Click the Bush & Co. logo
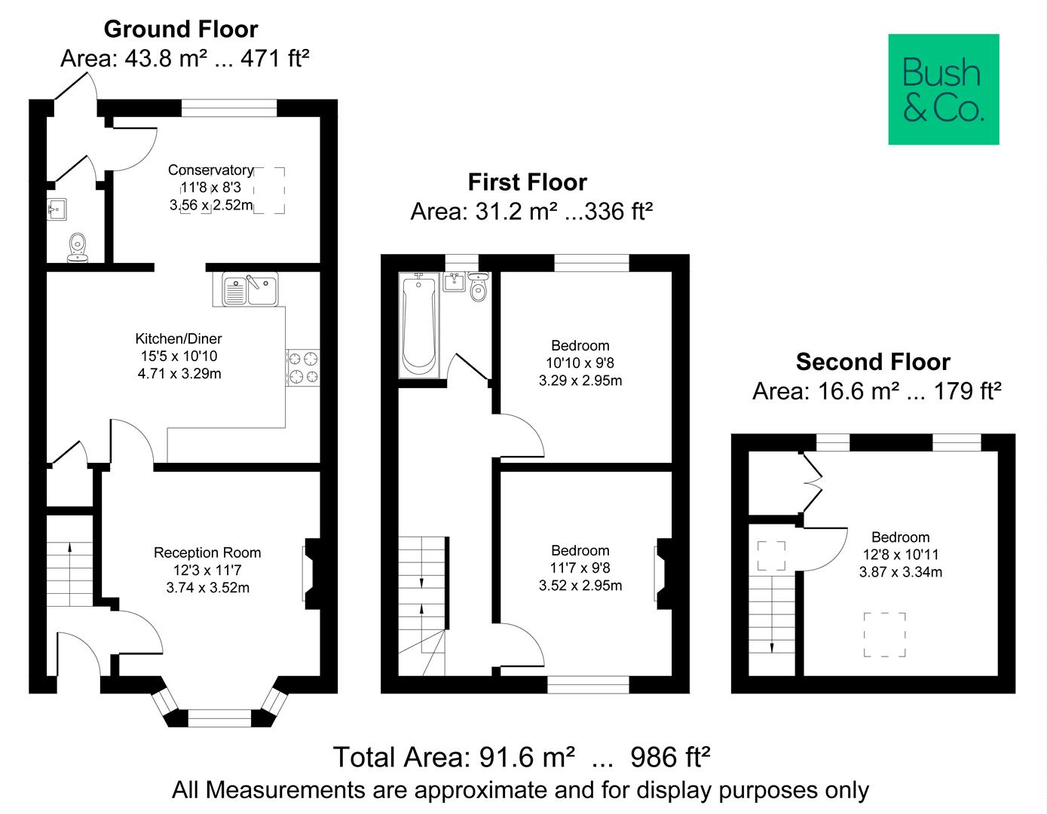pos(943,89)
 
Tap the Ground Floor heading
pos(181,29)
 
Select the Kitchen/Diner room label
pos(179,338)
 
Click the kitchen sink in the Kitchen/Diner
pos(250,289)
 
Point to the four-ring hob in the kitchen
pos(303,367)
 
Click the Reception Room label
pos(207,552)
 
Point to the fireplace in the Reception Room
pos(311,573)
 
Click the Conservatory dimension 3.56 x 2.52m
pos(211,205)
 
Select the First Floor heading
pos(527,182)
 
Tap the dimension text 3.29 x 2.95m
pos(580,381)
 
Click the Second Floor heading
pos(873,362)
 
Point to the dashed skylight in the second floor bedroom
pos(884,635)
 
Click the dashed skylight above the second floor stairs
pos(771,555)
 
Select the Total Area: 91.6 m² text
pos(455,757)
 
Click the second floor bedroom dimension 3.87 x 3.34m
pos(900,572)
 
